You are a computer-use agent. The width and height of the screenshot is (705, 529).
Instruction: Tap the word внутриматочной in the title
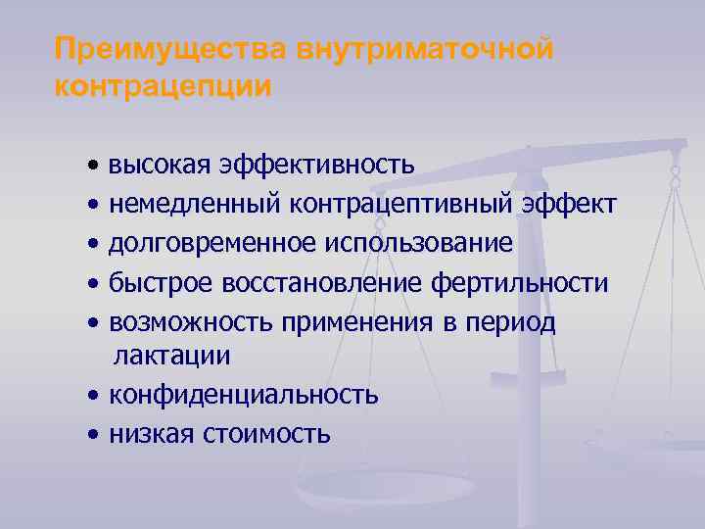(x=433, y=49)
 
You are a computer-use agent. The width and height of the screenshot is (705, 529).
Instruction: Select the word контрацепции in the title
(x=164, y=86)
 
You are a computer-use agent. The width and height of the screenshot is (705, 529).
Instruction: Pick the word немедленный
(x=195, y=204)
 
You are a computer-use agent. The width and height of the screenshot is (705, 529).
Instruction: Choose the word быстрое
(x=163, y=282)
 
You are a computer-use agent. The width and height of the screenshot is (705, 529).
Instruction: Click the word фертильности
(x=520, y=282)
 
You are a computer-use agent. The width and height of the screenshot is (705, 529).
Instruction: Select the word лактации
(x=172, y=357)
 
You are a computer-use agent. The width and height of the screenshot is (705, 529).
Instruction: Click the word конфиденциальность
(x=244, y=395)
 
